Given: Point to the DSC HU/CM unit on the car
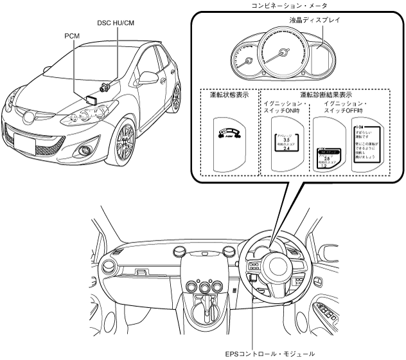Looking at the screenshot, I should click(x=104, y=85).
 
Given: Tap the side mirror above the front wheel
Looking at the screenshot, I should click(x=150, y=78).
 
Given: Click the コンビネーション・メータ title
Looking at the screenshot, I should click(x=289, y=6).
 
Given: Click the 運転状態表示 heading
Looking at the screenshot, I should click(x=230, y=94).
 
